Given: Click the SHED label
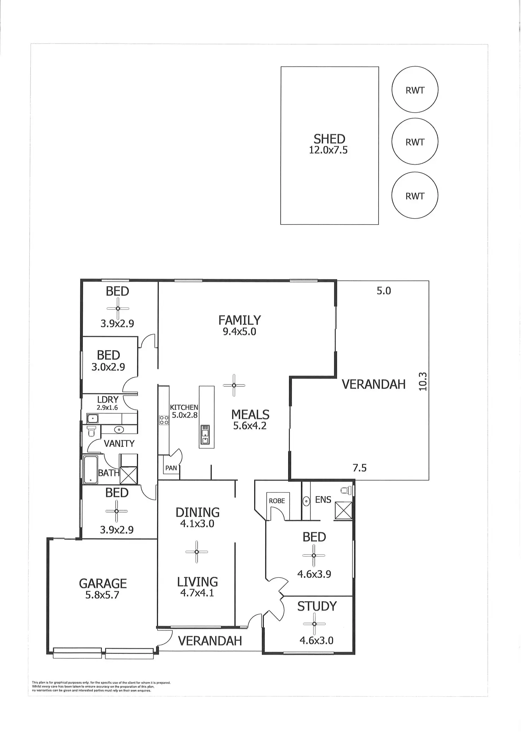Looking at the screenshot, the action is tap(329, 139).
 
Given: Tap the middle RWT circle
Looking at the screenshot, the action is tap(415, 141).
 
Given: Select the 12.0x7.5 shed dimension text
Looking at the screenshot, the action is tap(328, 150).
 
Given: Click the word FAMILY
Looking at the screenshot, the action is tap(240, 320).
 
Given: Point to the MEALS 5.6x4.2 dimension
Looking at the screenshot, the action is tap(250, 426).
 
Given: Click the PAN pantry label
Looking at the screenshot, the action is tap(171, 468).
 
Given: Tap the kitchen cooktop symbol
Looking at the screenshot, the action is tap(164, 420).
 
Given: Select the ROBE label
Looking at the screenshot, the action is tap(277, 501).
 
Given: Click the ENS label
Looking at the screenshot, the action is tap(323, 500).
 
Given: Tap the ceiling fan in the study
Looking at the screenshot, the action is tap(314, 624).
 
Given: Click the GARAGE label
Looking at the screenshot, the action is tap(103, 583).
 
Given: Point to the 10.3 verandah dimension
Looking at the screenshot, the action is tap(423, 381).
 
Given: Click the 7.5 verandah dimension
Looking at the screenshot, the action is tap(360, 468).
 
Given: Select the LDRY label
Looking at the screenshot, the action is tap(108, 399).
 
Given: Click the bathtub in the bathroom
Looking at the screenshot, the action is tap(91, 470).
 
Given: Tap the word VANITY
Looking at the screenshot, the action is tap(119, 443).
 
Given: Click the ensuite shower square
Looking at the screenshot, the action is tap(343, 510).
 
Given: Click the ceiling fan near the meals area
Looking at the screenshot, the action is tap(234, 385).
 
